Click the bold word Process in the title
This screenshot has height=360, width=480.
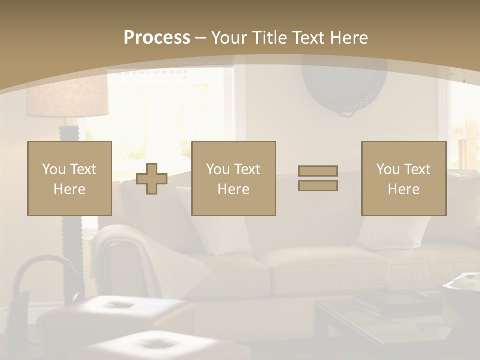click(157, 38)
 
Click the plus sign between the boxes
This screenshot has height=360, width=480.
click(152, 179)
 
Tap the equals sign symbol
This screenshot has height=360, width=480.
click(318, 178)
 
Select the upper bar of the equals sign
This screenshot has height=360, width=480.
click(318, 171)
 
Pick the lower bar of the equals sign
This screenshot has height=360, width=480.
click(318, 186)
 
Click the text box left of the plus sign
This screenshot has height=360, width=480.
click(70, 178)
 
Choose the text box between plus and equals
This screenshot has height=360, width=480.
click(234, 178)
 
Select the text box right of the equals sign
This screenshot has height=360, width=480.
click(404, 178)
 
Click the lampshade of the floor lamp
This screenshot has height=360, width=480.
click(67, 97)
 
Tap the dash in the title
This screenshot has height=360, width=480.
click(201, 38)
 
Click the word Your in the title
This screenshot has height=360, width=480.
click(228, 38)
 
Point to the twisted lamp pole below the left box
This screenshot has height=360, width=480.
click(70, 260)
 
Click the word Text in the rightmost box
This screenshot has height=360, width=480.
click(417, 169)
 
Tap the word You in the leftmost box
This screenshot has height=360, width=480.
click(54, 169)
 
